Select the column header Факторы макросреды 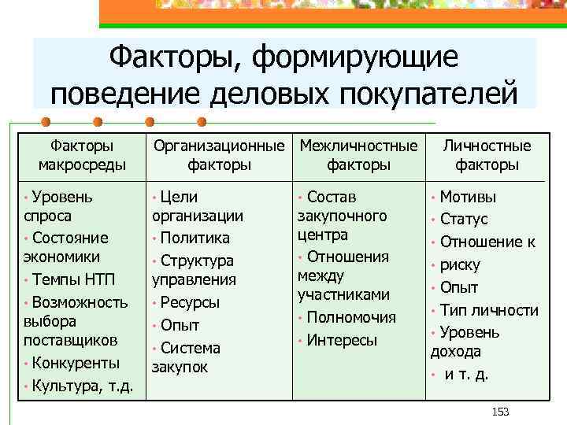tap(82, 155)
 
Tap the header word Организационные tap(219, 146)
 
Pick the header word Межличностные tap(359, 146)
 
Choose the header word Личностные tap(487, 146)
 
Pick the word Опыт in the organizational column tap(180, 325)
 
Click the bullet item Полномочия tap(351, 317)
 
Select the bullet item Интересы tap(343, 340)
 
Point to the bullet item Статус tap(464, 219)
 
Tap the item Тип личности tap(489, 310)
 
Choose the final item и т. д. tap(466, 374)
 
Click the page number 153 tap(500, 412)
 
